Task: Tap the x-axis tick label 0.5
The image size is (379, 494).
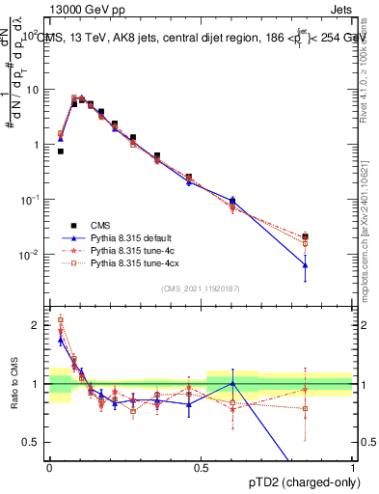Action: (x=201, y=467)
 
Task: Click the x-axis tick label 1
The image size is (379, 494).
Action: (x=353, y=467)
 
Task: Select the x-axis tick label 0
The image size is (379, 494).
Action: (x=49, y=467)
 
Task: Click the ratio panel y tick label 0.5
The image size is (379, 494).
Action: (x=34, y=442)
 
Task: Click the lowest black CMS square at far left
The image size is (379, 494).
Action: (x=61, y=151)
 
